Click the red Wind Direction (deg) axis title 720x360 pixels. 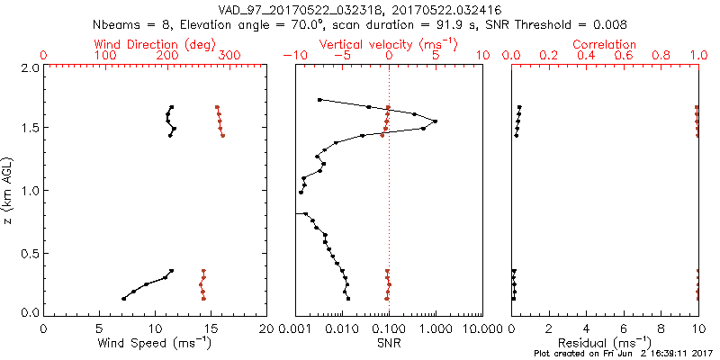point(156,44)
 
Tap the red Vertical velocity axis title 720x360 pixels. point(389,44)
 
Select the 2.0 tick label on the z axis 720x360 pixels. point(30,67)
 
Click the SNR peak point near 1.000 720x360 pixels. point(436,121)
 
